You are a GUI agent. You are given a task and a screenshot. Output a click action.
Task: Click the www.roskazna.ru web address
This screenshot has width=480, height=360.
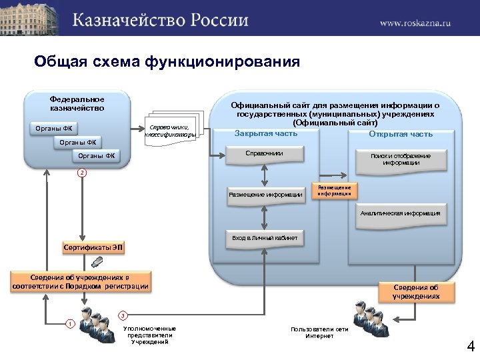click(415, 23)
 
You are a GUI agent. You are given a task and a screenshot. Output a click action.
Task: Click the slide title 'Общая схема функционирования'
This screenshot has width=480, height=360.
click(167, 62)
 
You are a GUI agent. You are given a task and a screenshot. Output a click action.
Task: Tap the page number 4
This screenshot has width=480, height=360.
click(470, 347)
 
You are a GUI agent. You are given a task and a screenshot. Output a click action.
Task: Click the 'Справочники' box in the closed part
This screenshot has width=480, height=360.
click(265, 153)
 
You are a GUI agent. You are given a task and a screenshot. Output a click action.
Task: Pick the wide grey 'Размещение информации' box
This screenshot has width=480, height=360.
click(265, 195)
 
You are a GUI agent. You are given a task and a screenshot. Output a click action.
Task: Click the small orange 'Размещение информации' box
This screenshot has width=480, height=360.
click(335, 191)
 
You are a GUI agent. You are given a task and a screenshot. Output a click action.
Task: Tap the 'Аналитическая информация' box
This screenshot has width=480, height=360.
click(400, 213)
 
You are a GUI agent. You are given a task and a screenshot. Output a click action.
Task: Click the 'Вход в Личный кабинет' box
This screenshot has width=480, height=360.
click(265, 237)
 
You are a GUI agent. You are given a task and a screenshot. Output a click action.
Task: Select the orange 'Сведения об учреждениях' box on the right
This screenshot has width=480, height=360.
click(415, 291)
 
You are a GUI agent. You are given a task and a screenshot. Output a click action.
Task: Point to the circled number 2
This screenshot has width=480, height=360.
click(81, 173)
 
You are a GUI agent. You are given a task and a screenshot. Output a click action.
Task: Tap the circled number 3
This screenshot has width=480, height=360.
click(122, 315)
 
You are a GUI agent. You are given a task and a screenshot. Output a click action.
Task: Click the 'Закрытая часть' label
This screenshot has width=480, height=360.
click(266, 134)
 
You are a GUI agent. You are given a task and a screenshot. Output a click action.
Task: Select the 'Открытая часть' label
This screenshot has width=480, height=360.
click(401, 134)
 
